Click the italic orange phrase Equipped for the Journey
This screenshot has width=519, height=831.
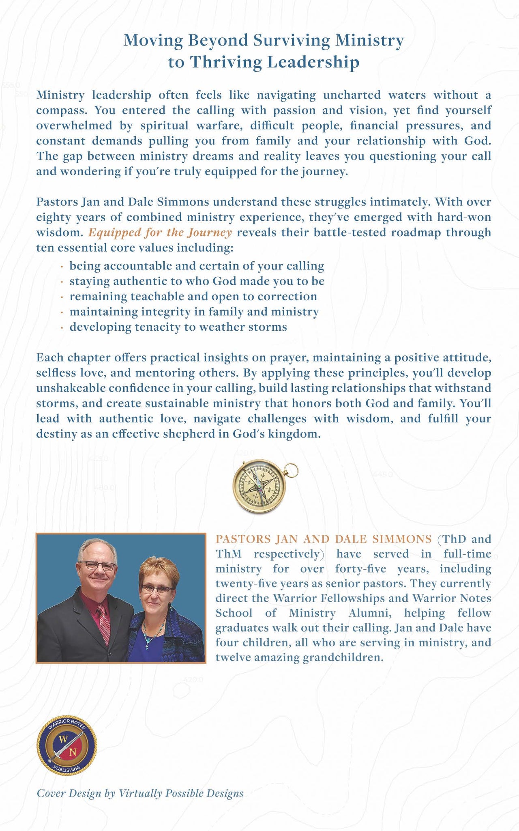point(160,233)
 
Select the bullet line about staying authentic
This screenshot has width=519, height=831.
point(197,281)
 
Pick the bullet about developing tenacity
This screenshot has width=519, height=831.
point(178,327)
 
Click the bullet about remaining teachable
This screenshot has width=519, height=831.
point(193,297)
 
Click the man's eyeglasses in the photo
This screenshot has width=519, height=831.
point(97,566)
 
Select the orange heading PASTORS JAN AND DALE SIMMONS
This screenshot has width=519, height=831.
point(324,539)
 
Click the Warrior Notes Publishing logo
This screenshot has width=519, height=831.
point(66,745)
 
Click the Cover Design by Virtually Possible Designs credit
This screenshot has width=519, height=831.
point(140,793)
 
